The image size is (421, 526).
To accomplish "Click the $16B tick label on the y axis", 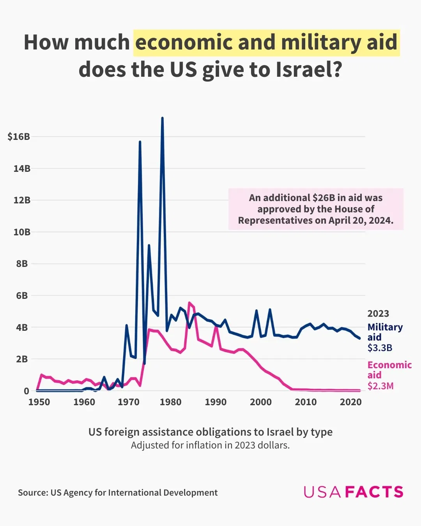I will pos(19,137).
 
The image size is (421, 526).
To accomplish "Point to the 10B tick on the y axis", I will pos(22,232).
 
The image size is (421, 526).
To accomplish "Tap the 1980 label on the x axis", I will pos(170,402).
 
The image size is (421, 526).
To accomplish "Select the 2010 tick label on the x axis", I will pos(306,402).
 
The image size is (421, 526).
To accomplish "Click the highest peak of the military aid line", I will pos(162,118).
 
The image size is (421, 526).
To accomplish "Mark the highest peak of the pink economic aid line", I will pos(189,303).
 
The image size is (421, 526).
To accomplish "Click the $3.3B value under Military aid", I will pos(380,348).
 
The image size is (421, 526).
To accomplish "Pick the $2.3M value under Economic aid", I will pos(380,386).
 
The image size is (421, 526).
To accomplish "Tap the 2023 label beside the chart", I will pos(378,314).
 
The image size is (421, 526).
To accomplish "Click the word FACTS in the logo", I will pos(374,492).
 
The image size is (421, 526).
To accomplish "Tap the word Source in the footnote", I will pos(33,492).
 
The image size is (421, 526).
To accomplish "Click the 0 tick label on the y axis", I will pos(26,391).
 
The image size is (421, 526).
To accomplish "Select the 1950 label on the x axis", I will pos(39,402).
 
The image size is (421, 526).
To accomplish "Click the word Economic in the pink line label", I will pos(389,365).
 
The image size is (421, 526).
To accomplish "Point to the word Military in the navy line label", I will pos(385,327).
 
